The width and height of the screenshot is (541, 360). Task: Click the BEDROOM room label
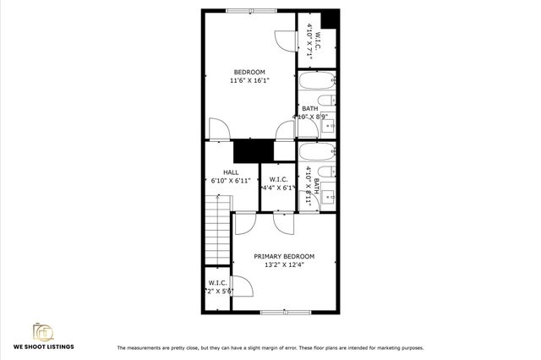[x=249, y=71]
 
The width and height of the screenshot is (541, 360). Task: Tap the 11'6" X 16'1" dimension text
[x=249, y=81]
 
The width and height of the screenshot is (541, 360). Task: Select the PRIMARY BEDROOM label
[x=285, y=256]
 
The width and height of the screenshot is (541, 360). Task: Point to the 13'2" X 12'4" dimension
[x=285, y=265]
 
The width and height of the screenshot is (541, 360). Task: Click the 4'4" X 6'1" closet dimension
[x=278, y=188]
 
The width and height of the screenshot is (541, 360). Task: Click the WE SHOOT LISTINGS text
[x=42, y=346]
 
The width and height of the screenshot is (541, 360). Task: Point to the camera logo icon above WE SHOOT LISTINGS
[x=41, y=330]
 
